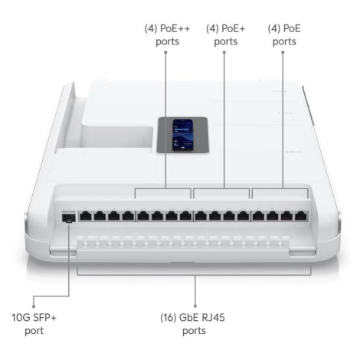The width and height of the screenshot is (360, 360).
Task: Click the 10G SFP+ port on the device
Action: tap(69, 218)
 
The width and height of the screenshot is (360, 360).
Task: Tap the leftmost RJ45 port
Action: tap(86, 216)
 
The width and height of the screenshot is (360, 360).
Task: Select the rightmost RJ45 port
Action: tap(301, 216)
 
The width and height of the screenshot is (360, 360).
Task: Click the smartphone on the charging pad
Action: tap(183, 135)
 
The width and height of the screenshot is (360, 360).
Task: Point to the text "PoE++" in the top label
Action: tap(175, 28)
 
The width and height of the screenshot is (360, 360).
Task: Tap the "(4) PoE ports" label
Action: tap(284, 35)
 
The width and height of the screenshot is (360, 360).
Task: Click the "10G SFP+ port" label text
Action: tap(34, 324)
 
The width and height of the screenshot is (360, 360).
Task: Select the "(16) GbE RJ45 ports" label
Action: tap(193, 324)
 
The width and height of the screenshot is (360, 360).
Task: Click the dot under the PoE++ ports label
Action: tap(165, 52)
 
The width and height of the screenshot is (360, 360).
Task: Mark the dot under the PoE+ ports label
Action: tap(224, 52)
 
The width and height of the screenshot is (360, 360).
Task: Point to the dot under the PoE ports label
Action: tap(283, 52)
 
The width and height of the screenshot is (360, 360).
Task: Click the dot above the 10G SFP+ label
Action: tap(34, 306)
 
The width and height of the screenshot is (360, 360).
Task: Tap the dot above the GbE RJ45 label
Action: tap(195, 306)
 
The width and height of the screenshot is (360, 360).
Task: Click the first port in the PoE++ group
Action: tap(143, 216)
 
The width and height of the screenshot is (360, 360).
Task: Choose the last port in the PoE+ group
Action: tap(244, 216)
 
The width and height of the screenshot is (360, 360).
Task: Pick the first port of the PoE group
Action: tap(258, 216)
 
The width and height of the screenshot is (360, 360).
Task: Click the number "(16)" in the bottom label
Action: tap(169, 318)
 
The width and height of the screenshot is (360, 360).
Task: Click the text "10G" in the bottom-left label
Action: tap(21, 318)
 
